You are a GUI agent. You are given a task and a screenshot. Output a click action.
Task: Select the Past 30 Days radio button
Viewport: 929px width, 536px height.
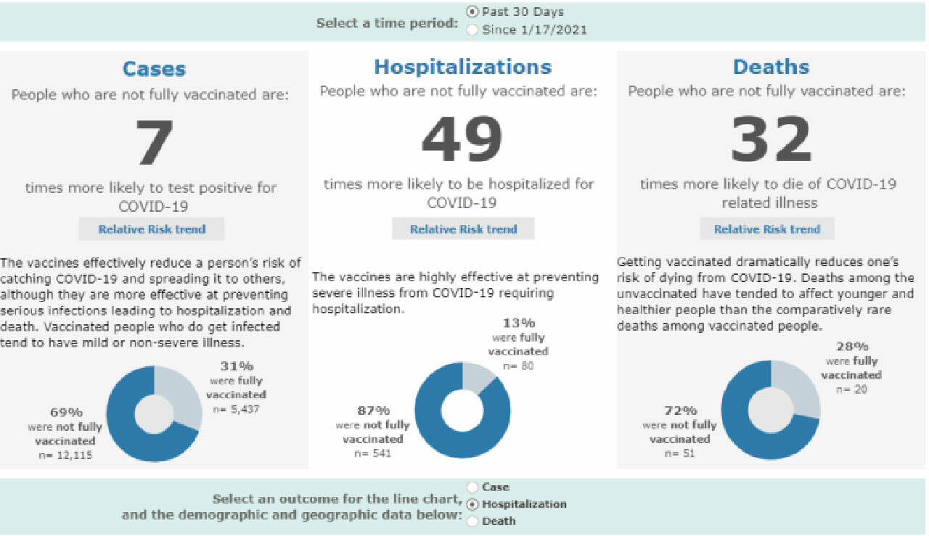pos(473,12)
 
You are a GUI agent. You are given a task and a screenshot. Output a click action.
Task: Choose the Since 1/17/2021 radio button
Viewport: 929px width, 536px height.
pos(473,30)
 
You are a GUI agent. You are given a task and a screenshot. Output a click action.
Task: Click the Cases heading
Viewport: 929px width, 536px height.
pos(154,69)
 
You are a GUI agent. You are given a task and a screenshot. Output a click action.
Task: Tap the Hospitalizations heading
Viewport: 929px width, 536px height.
pos(462,67)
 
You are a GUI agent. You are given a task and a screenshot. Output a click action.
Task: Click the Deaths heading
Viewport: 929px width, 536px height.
pos(771,67)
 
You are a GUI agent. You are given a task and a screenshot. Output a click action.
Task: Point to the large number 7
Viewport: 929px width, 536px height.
pos(154,143)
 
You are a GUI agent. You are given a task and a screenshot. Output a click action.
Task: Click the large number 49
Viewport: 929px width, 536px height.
pos(462,140)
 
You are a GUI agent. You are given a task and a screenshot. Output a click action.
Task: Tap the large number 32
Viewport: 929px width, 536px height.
pos(771,140)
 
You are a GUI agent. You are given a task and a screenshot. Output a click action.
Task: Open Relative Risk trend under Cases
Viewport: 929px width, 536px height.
pos(152,229)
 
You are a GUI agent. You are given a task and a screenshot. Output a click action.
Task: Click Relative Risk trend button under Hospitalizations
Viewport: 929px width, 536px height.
pos(463,229)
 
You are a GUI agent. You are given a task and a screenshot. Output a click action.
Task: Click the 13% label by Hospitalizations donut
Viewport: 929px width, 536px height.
pos(517,323)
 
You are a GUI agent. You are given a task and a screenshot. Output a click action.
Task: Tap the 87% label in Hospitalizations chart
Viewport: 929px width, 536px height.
pos(373,411)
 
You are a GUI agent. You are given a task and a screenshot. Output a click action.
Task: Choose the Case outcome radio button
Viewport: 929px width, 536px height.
pos(473,487)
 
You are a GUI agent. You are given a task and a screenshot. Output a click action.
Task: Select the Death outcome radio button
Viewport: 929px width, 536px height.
pos(473,521)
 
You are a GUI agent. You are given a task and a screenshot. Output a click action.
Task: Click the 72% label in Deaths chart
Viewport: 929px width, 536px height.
pos(680,411)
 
